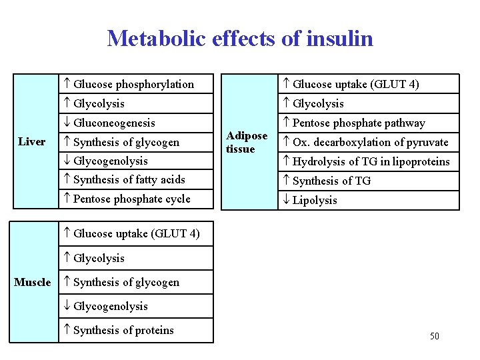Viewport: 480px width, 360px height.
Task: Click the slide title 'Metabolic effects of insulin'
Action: pos(240,38)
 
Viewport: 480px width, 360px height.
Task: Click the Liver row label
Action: pos(32,141)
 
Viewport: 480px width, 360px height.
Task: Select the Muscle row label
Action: pos(33,282)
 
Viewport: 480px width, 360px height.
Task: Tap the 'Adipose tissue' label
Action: pos(247,142)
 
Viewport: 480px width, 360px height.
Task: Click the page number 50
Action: pos(434,336)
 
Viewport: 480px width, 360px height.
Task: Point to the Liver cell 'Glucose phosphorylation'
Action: pos(133,84)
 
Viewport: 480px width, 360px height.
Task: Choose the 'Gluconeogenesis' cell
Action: pos(114,123)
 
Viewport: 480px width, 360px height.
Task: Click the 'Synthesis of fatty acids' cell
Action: pos(129,179)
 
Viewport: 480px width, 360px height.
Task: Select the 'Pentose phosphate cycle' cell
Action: pos(131,199)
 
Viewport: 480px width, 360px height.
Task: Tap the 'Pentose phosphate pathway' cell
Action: pos(359,123)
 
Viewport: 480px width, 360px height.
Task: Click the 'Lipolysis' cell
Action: pos(315,200)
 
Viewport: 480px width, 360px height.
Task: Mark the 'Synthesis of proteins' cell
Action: pos(123,330)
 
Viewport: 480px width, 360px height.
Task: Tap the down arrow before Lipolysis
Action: pos(286,200)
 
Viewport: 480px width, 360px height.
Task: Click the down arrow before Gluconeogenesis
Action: pos(67,123)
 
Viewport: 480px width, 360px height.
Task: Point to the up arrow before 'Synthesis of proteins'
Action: pos(67,330)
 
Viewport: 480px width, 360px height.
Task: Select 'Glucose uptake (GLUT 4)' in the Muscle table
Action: pos(136,233)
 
